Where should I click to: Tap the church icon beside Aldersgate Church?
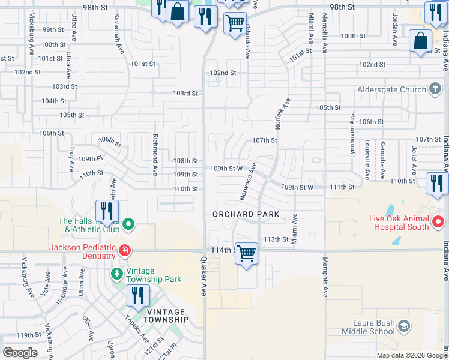(x=436, y=89)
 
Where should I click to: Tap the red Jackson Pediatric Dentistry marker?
(x=124, y=250)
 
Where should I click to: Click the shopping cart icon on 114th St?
(x=246, y=254)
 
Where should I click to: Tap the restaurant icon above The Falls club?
(x=107, y=211)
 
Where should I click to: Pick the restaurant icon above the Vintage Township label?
(x=138, y=295)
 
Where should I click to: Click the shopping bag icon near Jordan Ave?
(x=420, y=41)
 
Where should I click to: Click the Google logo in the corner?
(x=20, y=353)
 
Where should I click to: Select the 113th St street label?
(x=277, y=239)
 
